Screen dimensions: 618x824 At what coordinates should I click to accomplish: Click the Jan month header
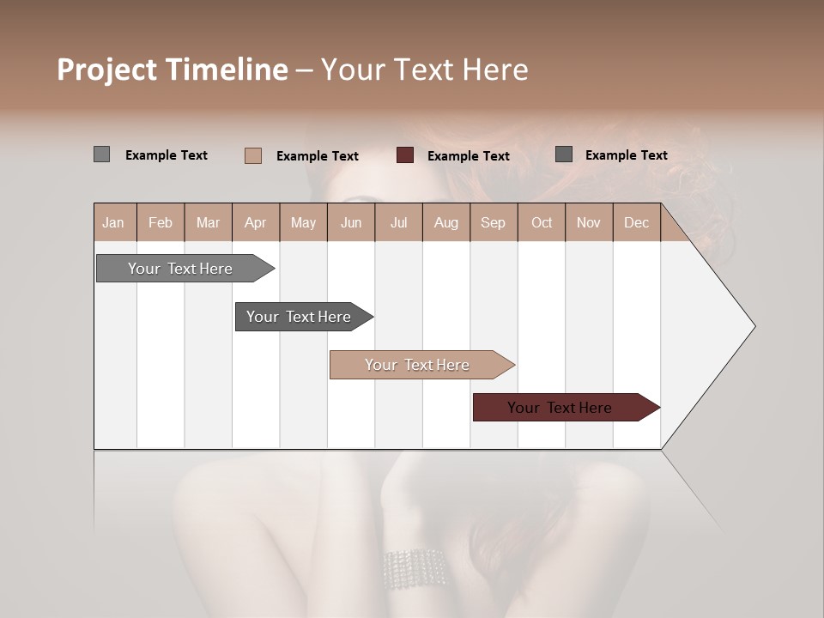click(x=114, y=222)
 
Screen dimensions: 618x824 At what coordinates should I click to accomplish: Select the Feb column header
click(x=161, y=222)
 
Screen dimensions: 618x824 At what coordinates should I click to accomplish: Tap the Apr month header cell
click(x=255, y=222)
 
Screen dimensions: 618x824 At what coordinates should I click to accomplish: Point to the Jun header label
click(x=351, y=222)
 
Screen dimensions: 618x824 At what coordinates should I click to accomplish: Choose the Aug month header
click(x=445, y=222)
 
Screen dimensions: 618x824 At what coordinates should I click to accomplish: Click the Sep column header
click(x=493, y=222)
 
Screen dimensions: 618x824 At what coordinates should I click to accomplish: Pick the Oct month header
click(x=542, y=222)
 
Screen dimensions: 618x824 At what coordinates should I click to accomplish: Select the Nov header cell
click(x=589, y=222)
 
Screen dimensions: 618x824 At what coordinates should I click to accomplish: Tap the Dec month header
click(x=636, y=222)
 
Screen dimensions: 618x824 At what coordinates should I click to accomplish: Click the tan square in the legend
click(x=253, y=155)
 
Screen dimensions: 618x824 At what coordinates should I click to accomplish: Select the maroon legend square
click(x=405, y=155)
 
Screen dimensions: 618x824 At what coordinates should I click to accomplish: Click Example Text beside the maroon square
click(x=468, y=156)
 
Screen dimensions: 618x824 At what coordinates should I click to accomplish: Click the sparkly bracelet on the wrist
click(x=415, y=568)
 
